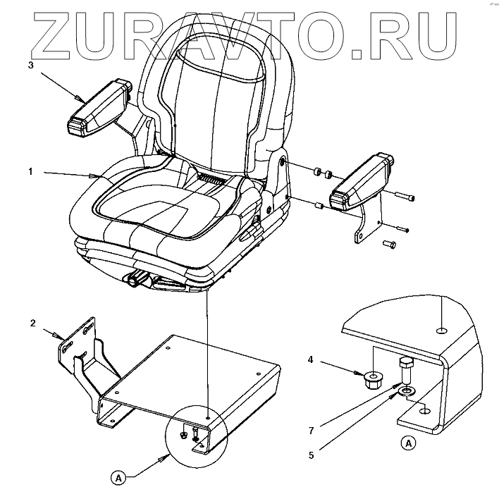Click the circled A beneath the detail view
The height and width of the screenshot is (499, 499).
point(408,444)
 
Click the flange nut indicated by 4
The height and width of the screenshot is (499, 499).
point(374,381)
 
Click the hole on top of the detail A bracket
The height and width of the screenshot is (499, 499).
point(441,330)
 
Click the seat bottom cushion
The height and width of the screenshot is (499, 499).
point(162,211)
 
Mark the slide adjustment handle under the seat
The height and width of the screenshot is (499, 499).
point(134,282)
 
